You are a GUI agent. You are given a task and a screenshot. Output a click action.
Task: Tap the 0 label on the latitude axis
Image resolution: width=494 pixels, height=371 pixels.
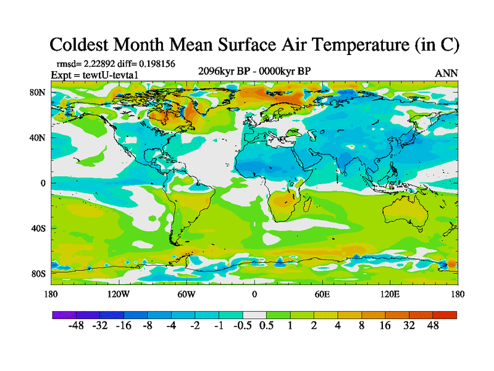43,183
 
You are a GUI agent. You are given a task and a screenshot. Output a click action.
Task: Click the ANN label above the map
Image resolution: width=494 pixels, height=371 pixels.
446,73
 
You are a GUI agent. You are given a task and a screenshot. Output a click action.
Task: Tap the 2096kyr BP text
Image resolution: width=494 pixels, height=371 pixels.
223,70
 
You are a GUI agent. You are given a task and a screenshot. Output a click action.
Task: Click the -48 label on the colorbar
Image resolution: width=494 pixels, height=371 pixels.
76,326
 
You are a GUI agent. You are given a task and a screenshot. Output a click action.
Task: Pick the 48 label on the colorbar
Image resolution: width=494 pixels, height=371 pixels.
432,326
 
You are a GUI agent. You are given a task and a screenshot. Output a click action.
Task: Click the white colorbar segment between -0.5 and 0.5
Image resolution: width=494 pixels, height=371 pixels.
254,314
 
